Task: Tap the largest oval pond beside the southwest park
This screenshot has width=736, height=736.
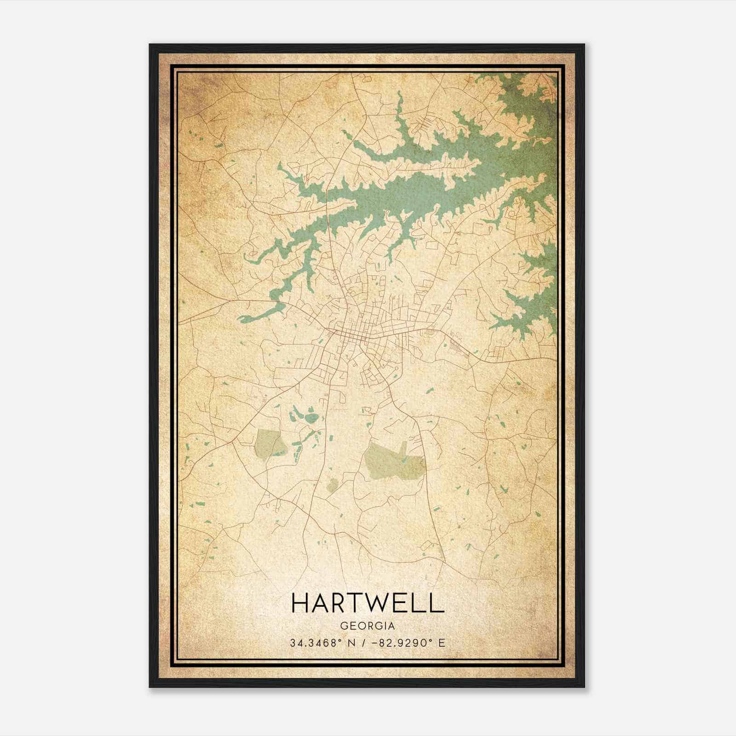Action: pyautogui.click(x=311, y=418)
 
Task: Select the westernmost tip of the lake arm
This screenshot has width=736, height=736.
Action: pyautogui.click(x=240, y=318)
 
